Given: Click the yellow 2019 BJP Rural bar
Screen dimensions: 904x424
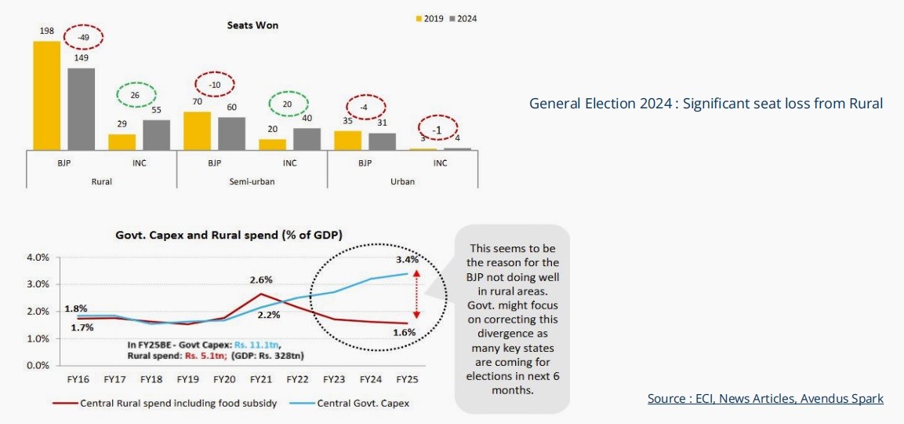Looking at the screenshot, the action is (47, 96).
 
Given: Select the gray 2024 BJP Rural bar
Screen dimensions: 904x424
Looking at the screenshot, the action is (82, 109).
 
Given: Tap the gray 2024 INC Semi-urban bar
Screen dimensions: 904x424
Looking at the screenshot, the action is (307, 139).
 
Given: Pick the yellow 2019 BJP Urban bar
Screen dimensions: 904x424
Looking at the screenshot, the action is (347, 141).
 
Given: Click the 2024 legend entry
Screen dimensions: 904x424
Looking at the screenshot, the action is (463, 19).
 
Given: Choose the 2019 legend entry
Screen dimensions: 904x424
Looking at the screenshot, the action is (430, 19).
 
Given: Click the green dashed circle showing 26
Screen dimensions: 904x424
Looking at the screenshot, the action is (136, 95).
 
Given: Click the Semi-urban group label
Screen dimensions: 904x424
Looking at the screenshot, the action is (252, 181).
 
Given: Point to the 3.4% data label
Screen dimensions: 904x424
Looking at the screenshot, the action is (407, 259).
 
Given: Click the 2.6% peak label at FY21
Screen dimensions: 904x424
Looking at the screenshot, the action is (261, 280).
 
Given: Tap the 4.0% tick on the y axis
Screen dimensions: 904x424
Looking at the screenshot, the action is (38, 258).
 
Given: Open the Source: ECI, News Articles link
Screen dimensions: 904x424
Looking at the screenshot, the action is (765, 399).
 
